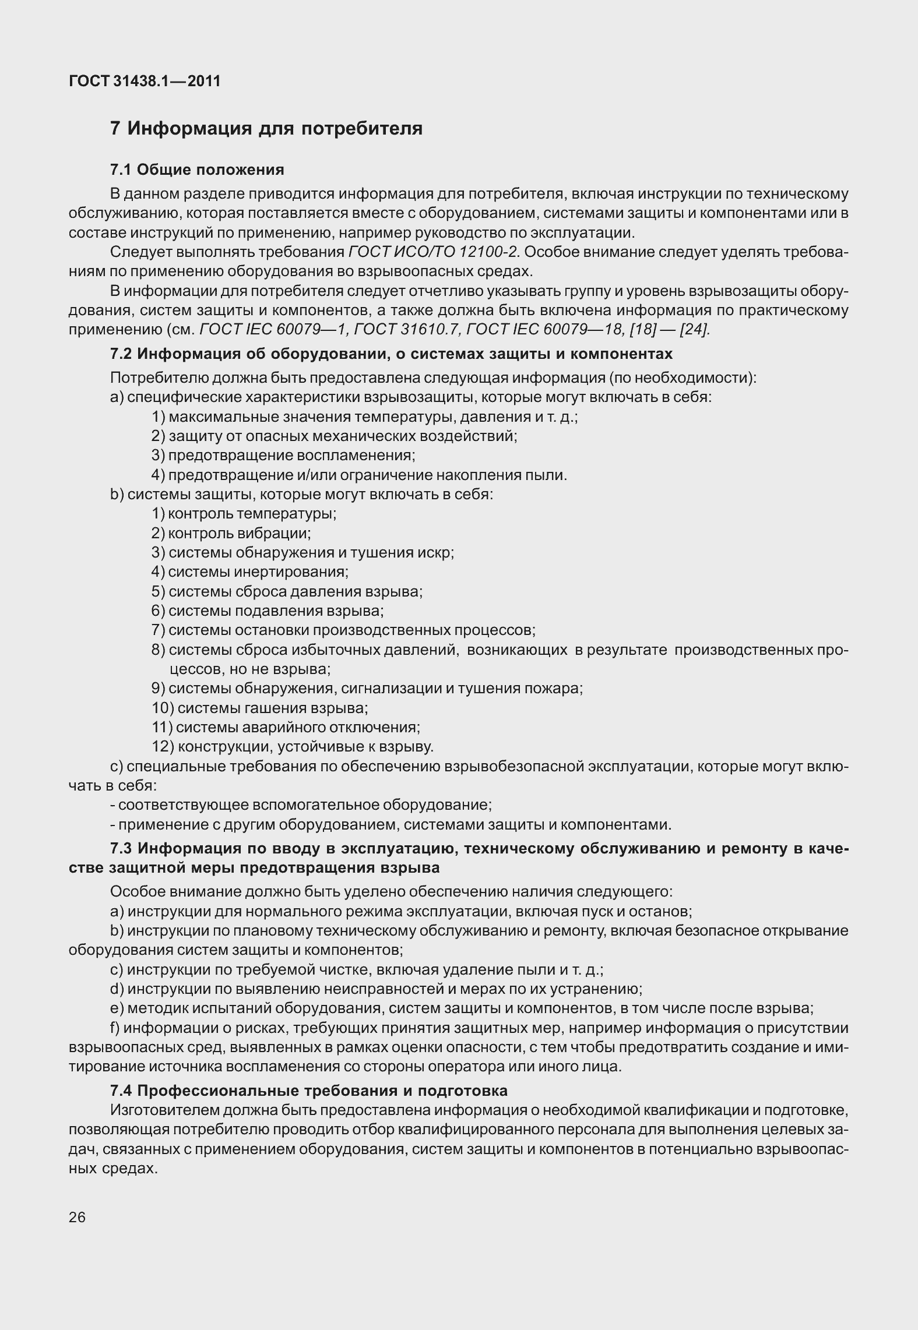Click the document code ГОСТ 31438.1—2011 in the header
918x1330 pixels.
point(145,81)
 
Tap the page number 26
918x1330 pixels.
point(77,1217)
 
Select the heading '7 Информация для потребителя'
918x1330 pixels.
point(266,128)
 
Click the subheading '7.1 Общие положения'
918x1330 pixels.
point(197,170)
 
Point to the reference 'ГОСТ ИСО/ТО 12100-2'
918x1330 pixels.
point(433,252)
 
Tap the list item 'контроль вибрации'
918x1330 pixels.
point(239,533)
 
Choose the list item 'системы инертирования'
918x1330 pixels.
point(258,571)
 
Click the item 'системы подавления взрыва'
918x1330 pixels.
point(276,611)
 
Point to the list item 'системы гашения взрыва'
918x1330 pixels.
point(272,708)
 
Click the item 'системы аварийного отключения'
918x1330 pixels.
point(298,727)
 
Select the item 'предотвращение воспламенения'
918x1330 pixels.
point(291,455)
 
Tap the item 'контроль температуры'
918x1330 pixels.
point(252,513)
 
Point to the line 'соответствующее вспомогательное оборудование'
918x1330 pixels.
point(304,805)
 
